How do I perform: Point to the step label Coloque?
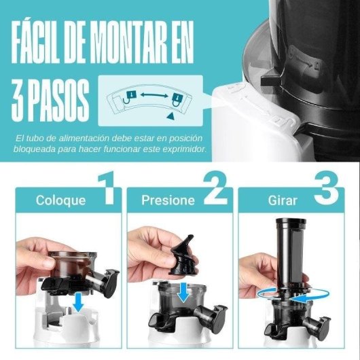coord(61,200)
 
